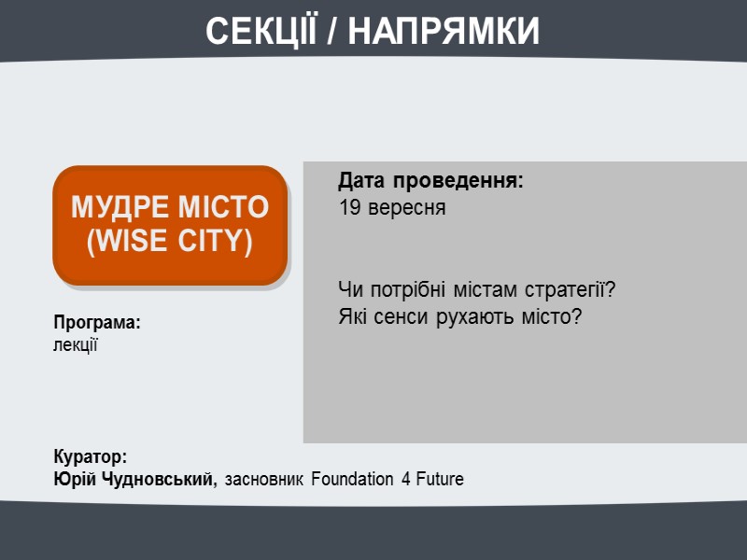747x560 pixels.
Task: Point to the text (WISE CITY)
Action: tap(170, 242)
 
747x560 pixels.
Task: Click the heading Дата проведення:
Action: tap(430, 180)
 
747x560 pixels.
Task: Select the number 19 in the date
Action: tap(349, 207)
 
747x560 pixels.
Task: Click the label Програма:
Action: tap(96, 322)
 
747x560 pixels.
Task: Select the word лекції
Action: tap(76, 344)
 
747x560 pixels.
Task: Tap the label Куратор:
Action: tap(90, 457)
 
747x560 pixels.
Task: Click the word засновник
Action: tap(265, 480)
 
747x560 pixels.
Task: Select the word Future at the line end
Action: tap(439, 480)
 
